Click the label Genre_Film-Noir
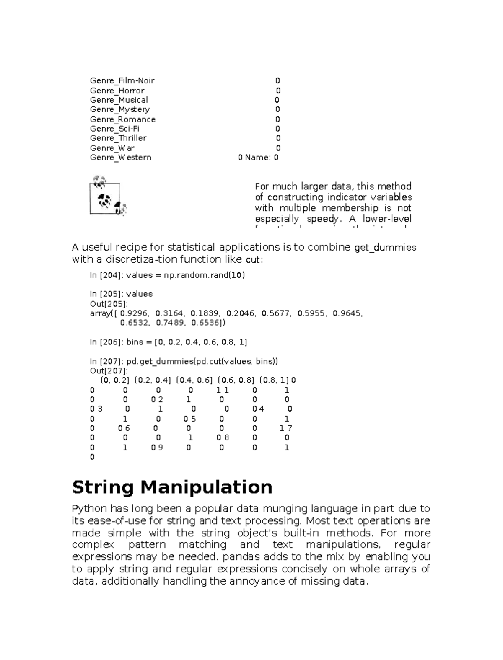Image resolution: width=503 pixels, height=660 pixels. click(122, 80)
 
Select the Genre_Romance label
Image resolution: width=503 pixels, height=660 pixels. click(122, 119)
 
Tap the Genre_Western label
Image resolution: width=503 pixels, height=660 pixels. click(120, 158)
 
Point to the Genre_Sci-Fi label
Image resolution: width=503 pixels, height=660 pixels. click(114, 129)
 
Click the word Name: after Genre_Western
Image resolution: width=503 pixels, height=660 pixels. click(258, 158)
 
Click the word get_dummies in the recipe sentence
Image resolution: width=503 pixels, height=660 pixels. click(385, 248)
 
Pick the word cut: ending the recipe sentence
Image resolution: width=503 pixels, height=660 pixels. click(254, 260)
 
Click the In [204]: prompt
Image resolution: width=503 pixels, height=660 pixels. click(106, 275)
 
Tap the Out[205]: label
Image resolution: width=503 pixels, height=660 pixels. click(109, 304)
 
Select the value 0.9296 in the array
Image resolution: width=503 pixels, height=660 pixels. click(134, 313)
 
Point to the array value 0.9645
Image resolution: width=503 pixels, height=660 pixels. click(347, 313)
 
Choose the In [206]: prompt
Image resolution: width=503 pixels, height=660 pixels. click(106, 342)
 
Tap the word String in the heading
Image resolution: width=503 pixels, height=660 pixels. click(103, 487)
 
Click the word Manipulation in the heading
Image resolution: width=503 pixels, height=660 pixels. click(206, 487)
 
